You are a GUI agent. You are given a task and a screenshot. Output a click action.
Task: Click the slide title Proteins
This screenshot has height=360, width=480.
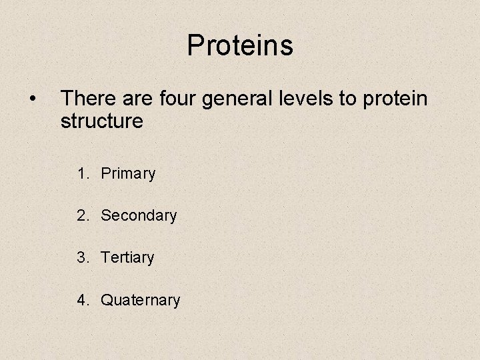[x=240, y=45]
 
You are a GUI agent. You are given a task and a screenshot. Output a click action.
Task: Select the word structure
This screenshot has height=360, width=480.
[x=101, y=121]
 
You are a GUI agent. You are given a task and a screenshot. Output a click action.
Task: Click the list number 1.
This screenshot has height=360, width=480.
[x=82, y=174]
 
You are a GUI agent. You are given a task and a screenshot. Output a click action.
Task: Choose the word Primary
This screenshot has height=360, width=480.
[x=128, y=175]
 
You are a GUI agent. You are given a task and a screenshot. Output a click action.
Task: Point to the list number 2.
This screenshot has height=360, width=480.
[x=82, y=216]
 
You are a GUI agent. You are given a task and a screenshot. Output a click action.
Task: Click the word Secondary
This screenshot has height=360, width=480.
[x=139, y=216]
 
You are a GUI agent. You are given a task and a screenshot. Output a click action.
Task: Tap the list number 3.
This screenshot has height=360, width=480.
[x=82, y=257]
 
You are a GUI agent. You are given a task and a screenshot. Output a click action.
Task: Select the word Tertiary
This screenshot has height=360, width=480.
[x=127, y=258]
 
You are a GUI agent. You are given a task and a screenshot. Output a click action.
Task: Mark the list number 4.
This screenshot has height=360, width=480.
[x=82, y=300]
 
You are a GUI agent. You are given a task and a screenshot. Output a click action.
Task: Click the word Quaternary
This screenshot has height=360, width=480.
[x=140, y=301]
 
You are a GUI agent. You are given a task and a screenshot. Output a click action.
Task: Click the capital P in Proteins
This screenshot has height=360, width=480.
[x=196, y=45]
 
